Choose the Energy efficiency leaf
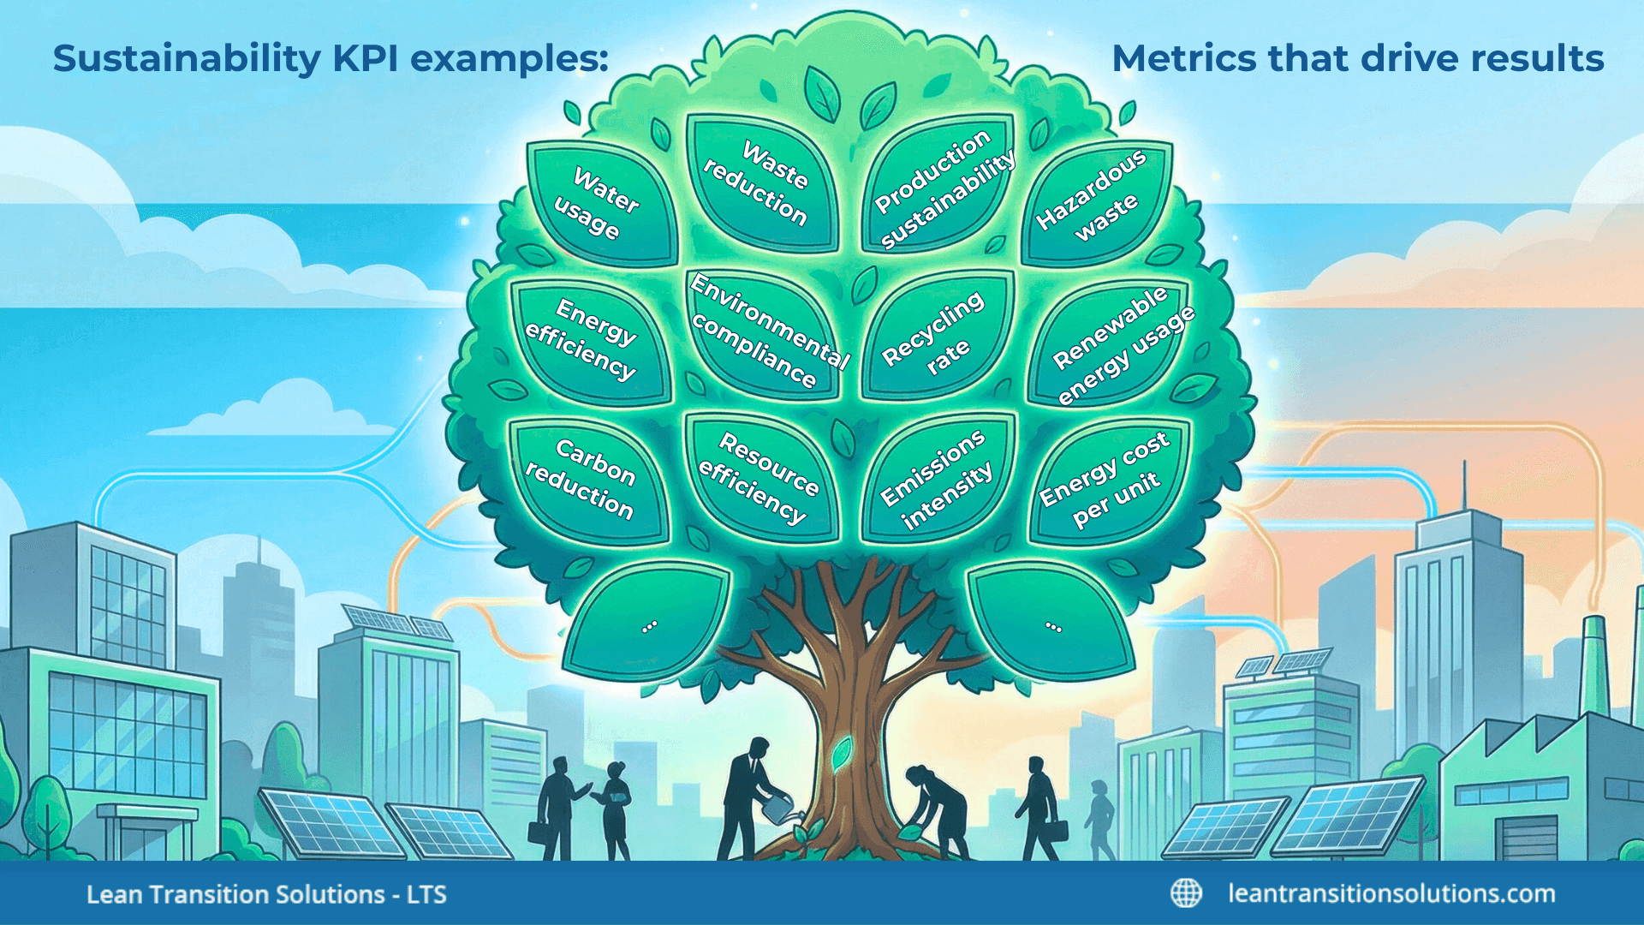[589, 341]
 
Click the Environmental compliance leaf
[762, 334]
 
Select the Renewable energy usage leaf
[1113, 343]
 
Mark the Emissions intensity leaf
[938, 480]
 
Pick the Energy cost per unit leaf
[1107, 480]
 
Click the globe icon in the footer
[1186, 893]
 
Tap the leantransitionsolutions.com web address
[1391, 893]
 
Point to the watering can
[779, 807]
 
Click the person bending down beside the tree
[938, 809]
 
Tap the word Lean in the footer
[114, 894]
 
